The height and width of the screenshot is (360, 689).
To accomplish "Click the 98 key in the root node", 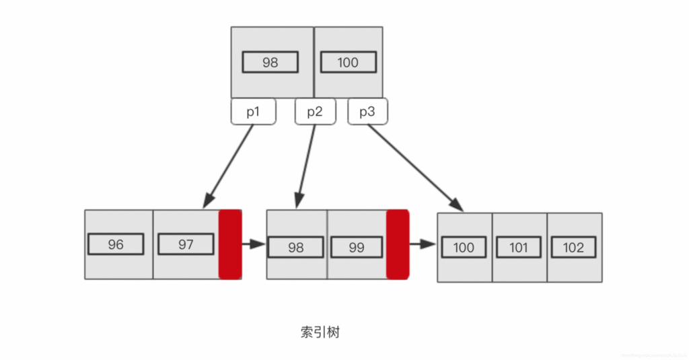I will click(270, 63).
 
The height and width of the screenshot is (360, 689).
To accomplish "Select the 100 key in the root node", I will click(348, 63).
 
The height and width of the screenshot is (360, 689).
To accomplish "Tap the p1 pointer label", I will click(253, 112).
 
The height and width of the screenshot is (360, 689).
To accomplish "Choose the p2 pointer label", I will click(315, 112).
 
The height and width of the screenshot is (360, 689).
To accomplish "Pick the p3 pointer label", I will click(367, 112).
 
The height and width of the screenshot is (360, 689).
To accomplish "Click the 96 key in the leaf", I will click(116, 244).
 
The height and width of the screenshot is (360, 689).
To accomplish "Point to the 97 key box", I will click(186, 244).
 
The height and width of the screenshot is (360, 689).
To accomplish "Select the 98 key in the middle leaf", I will click(295, 247).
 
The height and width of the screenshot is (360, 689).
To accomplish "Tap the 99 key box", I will click(357, 247).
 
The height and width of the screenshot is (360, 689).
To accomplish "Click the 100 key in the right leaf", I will click(464, 248).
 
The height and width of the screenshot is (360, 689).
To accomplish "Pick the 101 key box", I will click(519, 248).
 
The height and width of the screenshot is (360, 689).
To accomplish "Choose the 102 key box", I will click(573, 248).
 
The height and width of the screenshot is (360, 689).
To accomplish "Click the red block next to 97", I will click(230, 244).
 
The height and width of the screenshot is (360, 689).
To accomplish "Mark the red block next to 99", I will click(398, 244).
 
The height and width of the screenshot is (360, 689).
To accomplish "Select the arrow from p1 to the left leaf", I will click(229, 166).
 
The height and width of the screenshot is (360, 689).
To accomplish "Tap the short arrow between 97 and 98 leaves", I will click(254, 244).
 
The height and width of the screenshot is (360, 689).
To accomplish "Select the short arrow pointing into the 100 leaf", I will click(423, 244).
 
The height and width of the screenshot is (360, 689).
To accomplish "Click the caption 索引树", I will click(320, 332).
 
